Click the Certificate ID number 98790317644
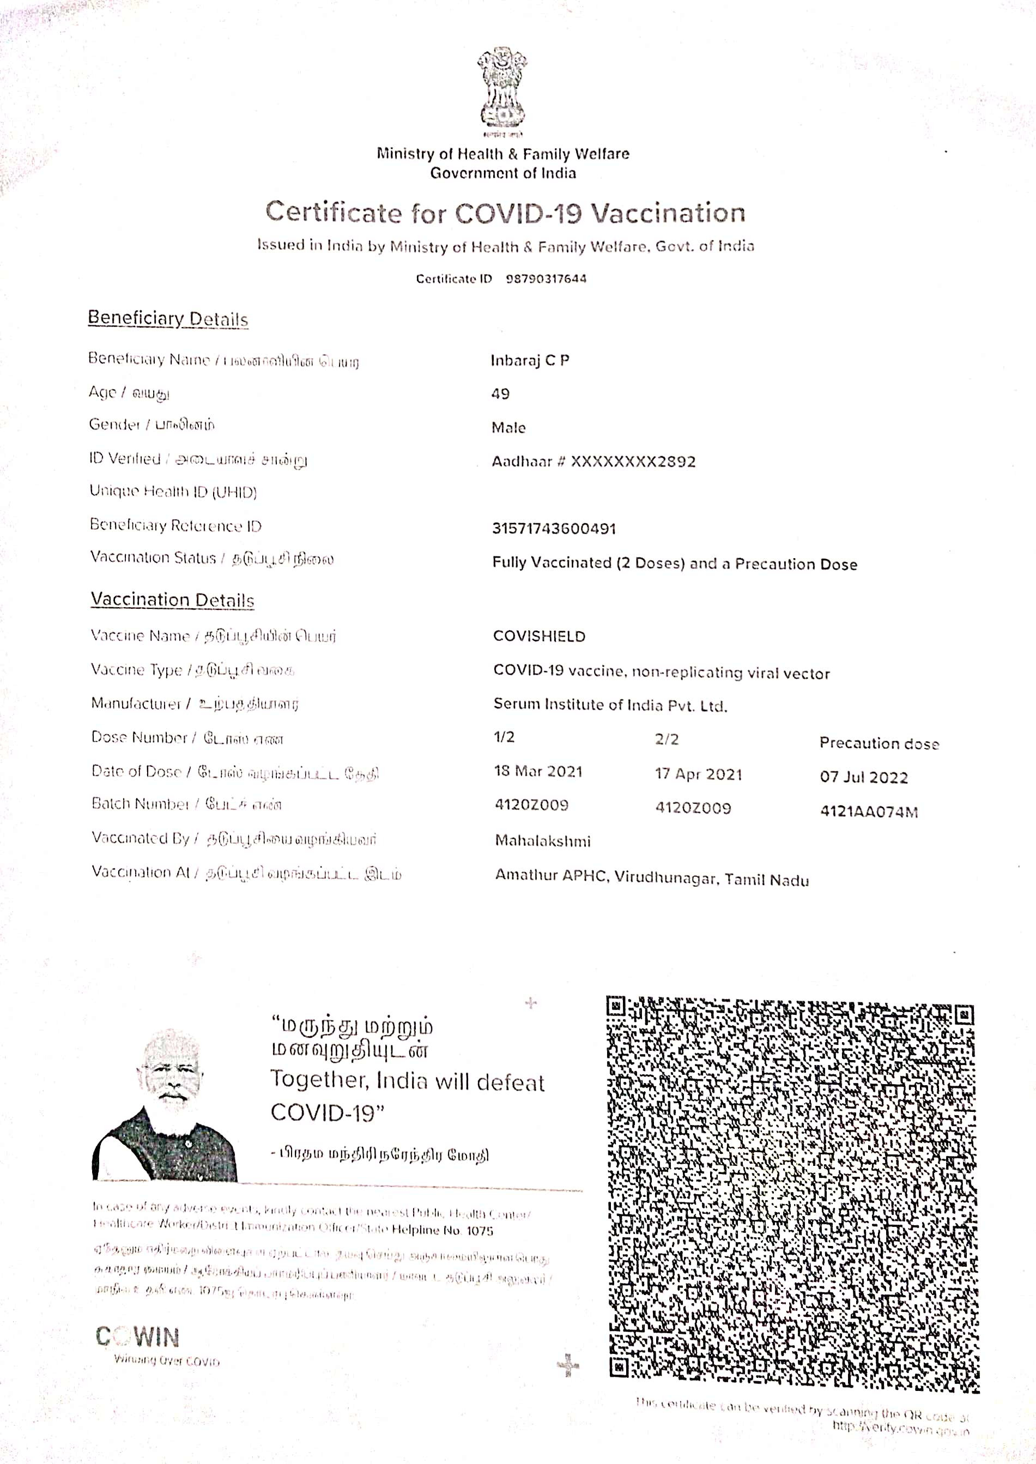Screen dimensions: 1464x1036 (x=546, y=279)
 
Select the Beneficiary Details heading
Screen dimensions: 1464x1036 (x=168, y=318)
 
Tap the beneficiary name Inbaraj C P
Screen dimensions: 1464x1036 (x=530, y=360)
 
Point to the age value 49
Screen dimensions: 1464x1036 (x=500, y=394)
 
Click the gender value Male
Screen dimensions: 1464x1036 (x=508, y=427)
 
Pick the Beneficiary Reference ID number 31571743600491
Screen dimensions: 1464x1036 (x=554, y=528)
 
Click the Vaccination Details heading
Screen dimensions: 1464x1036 (x=172, y=600)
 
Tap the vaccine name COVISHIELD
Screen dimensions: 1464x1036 (x=539, y=636)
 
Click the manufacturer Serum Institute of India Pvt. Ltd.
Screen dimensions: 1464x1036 (x=610, y=705)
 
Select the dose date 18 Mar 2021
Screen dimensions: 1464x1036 (x=538, y=772)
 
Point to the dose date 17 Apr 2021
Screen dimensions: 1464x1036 (x=699, y=775)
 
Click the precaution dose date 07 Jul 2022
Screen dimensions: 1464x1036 (x=864, y=777)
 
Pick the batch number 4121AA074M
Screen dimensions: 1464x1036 (x=869, y=812)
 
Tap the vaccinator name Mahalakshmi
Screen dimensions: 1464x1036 (x=543, y=841)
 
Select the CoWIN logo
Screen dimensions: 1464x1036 (x=138, y=1336)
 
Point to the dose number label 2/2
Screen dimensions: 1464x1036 (x=667, y=739)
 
